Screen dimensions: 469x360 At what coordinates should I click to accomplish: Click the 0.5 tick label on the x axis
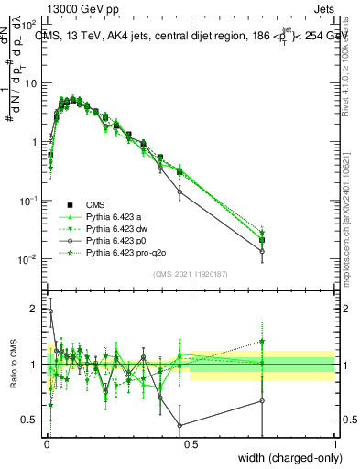(191, 444)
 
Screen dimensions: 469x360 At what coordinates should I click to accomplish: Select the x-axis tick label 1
(334, 444)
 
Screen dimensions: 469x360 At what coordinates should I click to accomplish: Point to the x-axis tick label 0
(46, 444)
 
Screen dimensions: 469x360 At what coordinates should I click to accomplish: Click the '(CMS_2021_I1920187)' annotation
(190, 274)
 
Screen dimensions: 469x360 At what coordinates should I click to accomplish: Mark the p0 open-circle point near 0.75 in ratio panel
(262, 400)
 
